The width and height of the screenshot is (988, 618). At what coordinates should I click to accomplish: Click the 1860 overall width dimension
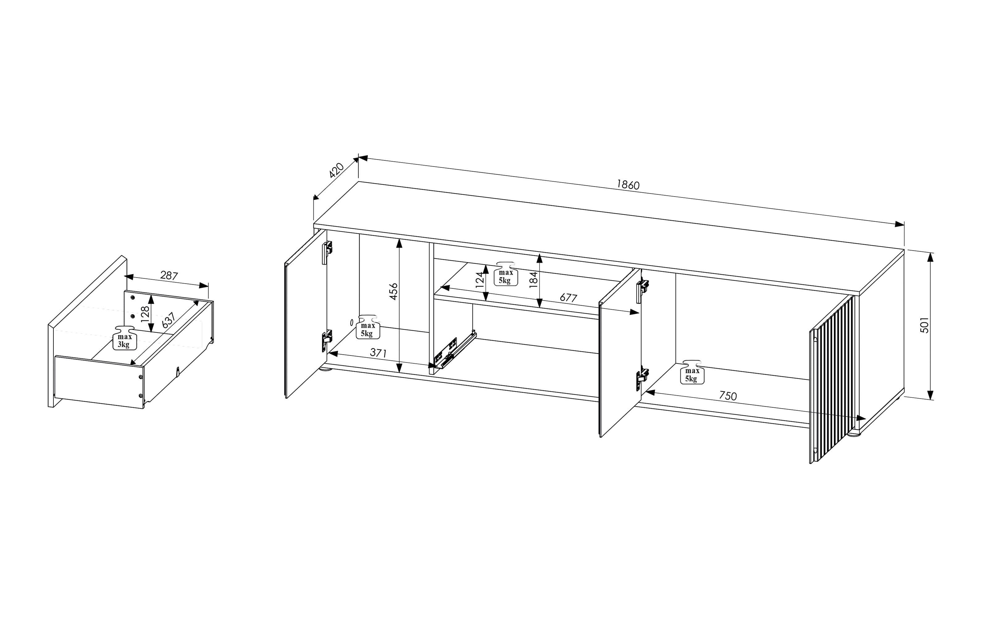point(628,185)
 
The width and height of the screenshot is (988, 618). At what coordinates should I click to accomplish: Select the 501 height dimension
point(924,325)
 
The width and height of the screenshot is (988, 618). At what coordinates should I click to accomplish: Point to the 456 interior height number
point(393,291)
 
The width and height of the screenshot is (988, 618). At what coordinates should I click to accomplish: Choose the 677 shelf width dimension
point(568,298)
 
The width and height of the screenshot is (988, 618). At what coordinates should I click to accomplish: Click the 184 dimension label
point(533,280)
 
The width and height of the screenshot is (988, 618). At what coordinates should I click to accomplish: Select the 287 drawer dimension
point(169,276)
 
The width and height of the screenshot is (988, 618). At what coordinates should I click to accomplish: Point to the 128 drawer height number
point(145,314)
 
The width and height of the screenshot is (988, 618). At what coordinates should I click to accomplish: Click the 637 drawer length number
point(169,320)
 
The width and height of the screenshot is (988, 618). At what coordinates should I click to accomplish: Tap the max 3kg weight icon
point(124,338)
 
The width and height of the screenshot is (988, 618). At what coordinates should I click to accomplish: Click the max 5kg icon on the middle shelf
point(505,273)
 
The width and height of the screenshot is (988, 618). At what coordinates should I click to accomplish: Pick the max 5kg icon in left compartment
point(368,327)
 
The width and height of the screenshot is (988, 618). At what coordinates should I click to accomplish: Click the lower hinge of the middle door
point(642,379)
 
